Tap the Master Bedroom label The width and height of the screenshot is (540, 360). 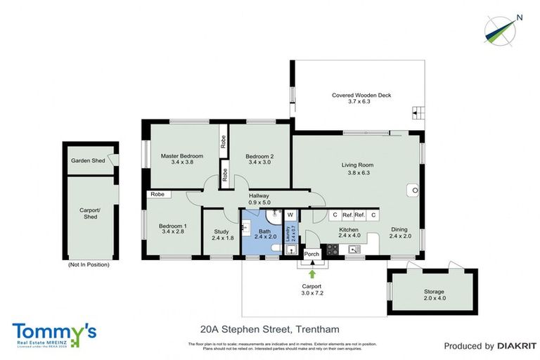coord(181,156)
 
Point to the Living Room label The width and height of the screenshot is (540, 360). coord(357,165)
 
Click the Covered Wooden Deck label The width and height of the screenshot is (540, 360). coord(361,96)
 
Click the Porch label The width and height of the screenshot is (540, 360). coord(311,254)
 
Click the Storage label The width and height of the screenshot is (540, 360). coord(434,291)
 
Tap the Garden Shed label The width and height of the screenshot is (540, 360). coord(88,161)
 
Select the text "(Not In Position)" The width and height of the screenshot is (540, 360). coord(89,265)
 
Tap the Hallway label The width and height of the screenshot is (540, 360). coord(259,196)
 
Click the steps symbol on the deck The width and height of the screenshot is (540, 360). coord(418,112)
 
